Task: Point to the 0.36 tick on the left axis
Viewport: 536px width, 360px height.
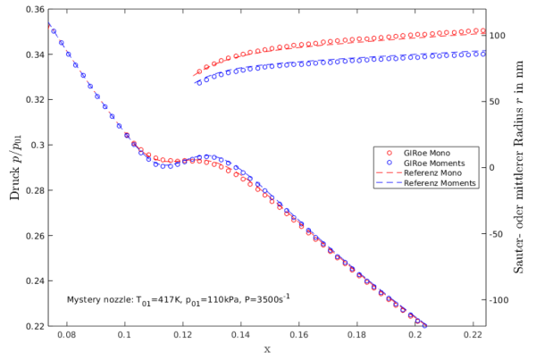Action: coord(31,10)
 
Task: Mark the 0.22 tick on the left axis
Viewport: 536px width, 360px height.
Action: coord(31,327)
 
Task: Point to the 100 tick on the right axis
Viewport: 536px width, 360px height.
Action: coord(497,36)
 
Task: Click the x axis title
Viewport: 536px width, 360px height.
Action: coord(266,349)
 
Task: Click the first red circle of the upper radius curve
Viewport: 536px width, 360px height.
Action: coord(199,71)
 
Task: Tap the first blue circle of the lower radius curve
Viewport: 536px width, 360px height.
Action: coord(199,83)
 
